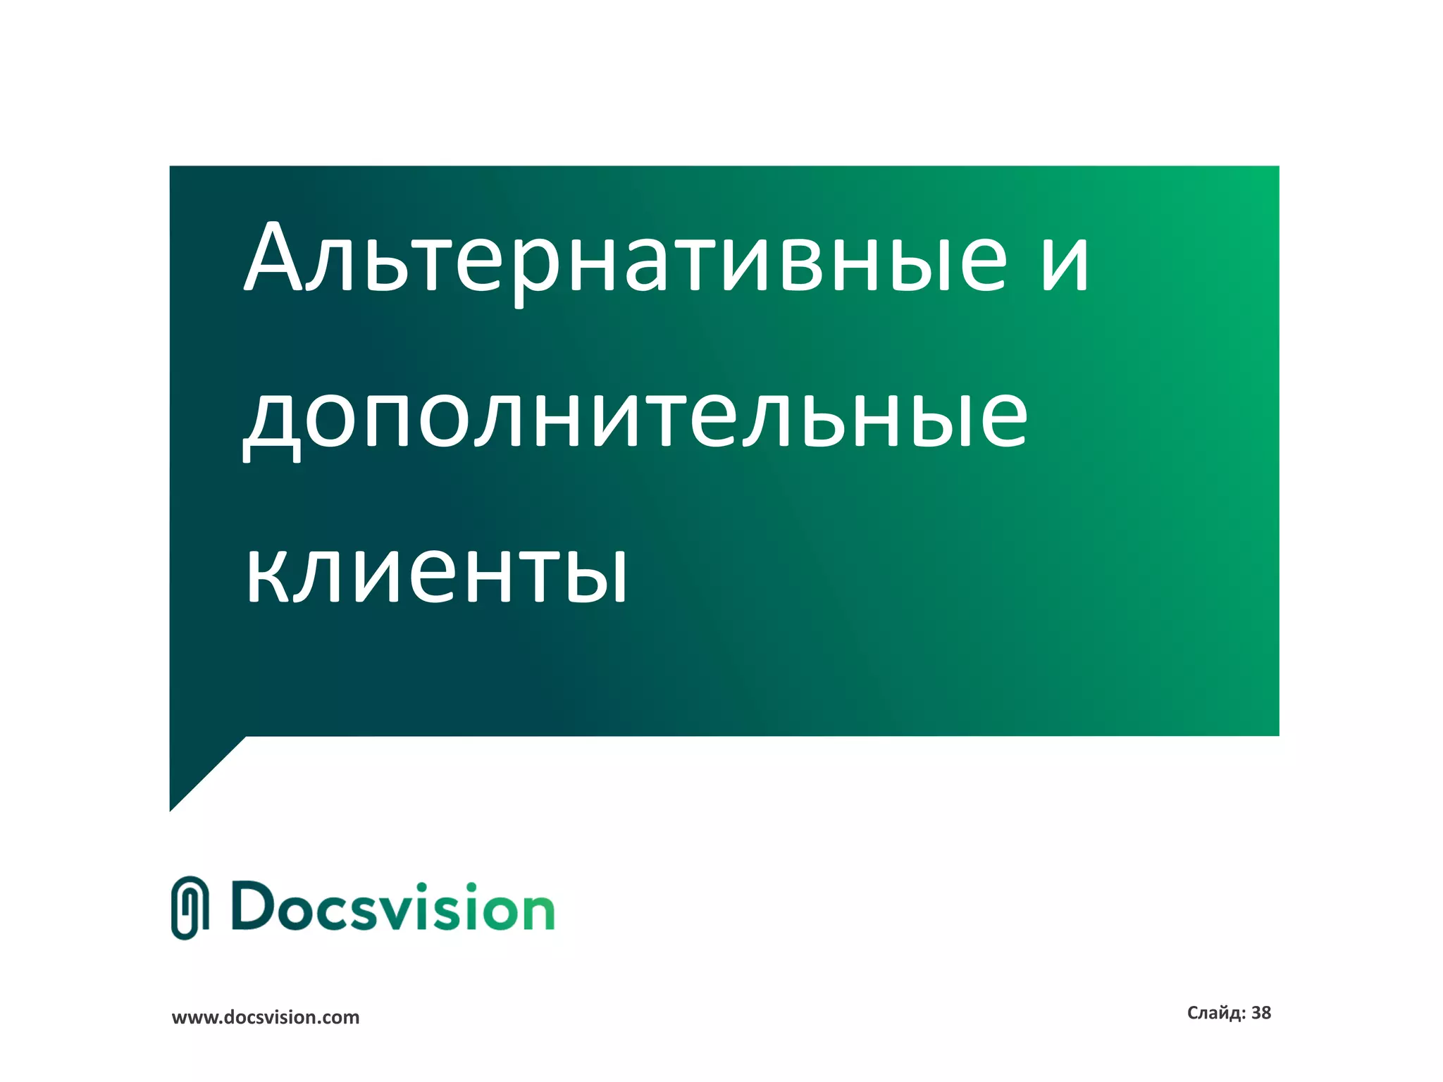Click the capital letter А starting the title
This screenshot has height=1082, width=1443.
click(273, 257)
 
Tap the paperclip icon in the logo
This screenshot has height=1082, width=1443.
click(190, 908)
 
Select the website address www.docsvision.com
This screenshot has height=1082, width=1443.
click(266, 1017)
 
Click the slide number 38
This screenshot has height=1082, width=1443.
click(1261, 1013)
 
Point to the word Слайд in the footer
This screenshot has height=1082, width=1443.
click(1215, 1013)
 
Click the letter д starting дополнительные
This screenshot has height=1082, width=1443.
click(272, 423)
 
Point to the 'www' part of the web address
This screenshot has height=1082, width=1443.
click(193, 1018)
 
